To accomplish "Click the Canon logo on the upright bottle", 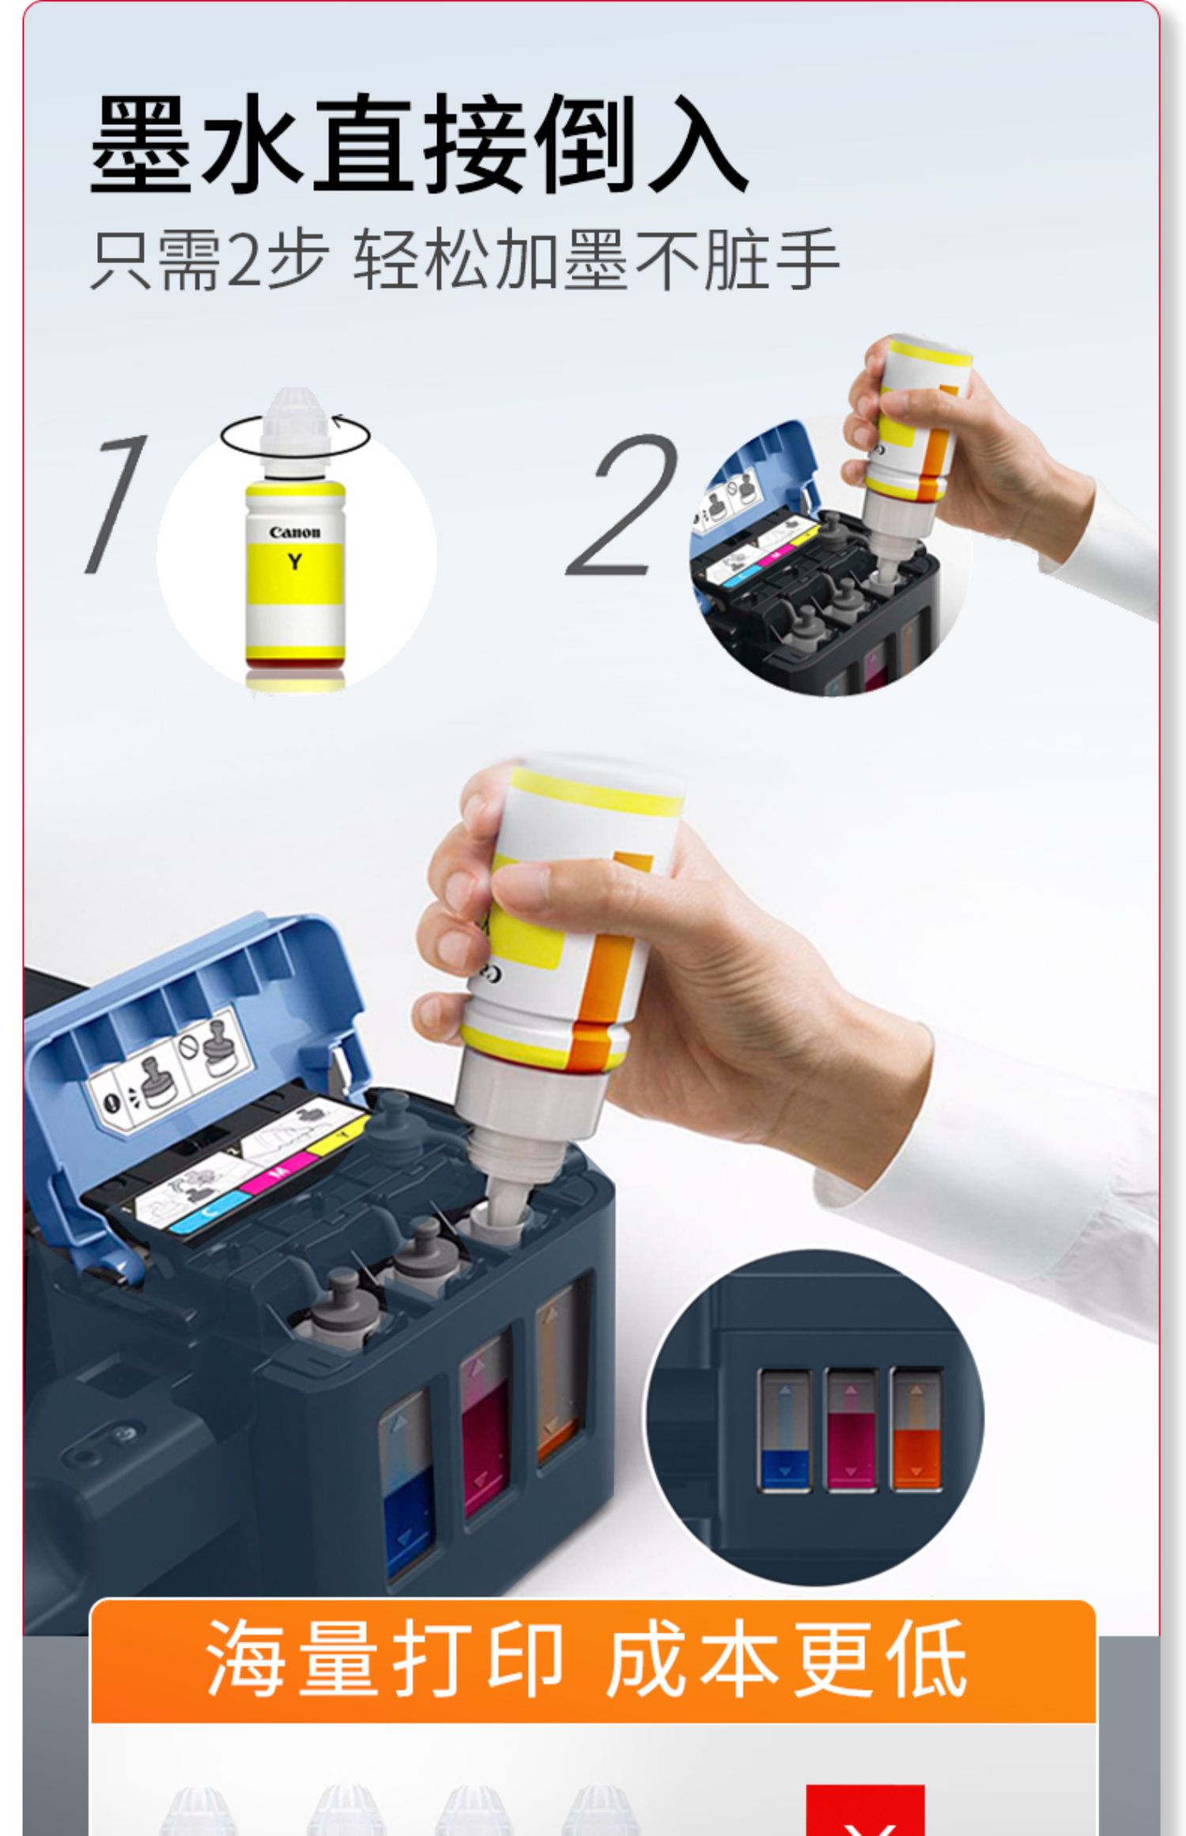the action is pos(295,532).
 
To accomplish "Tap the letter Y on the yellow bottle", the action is pos(295,561).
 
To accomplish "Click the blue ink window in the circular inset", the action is pos(784,1430).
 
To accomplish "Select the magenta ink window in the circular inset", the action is pos(851,1430).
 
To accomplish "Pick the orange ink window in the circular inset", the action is pos(916,1430).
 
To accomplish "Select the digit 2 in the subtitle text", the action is pos(244,259).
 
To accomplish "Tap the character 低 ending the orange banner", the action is pos(926,1657).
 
